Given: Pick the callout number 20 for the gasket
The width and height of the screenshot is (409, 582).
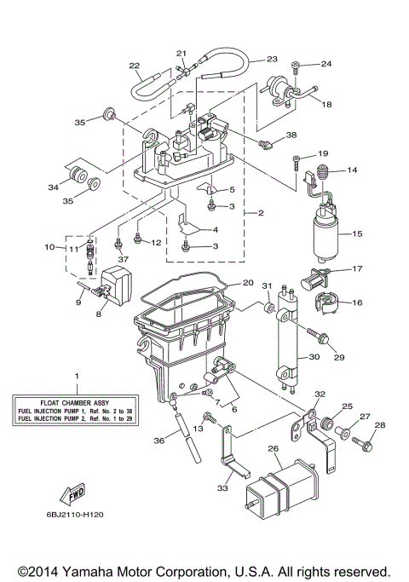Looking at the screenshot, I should click(x=248, y=283).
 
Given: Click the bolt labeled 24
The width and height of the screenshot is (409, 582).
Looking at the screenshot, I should click(x=295, y=65).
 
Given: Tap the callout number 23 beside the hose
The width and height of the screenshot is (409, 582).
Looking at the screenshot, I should click(x=272, y=59).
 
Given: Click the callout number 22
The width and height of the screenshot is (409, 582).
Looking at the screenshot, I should click(x=134, y=66).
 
